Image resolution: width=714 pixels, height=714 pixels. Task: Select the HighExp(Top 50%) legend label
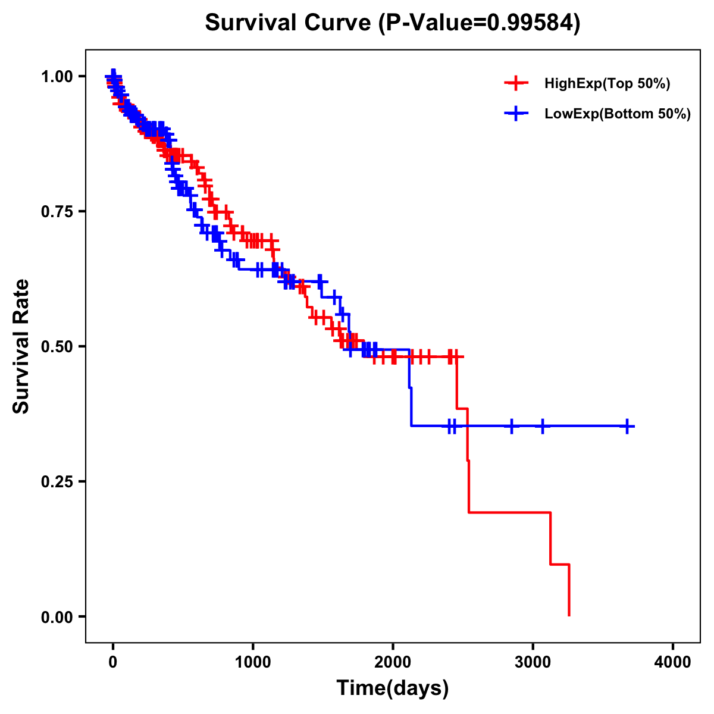tap(607, 83)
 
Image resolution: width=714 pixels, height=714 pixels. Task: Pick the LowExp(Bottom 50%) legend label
tap(618, 114)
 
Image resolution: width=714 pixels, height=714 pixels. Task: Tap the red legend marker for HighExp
tap(516, 83)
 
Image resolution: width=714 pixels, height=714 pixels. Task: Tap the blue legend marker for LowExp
tap(516, 114)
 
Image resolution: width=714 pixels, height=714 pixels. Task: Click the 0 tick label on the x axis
tap(112, 662)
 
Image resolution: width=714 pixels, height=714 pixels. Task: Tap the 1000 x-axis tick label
tap(253, 662)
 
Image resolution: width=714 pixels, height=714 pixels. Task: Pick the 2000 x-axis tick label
tap(393, 662)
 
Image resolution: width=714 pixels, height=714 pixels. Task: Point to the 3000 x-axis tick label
tap(533, 662)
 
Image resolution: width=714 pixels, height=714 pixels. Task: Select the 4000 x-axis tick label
tap(673, 662)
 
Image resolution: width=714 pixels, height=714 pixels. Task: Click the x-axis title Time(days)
tap(393, 688)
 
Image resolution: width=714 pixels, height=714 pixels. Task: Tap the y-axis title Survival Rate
tap(21, 346)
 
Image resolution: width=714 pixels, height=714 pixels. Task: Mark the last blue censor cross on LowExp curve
tap(627, 426)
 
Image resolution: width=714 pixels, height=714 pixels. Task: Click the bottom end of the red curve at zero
tap(569, 615)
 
